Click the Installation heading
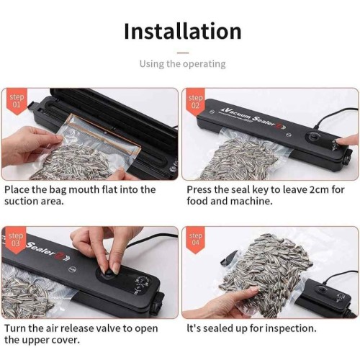pos(183,31)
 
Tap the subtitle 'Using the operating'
pos(183,64)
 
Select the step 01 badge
pos(17,101)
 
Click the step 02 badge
pos(195,102)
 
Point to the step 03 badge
pos(16,240)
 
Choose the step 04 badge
pos(195,240)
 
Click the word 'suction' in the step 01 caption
pos(21,201)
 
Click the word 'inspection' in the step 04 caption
pos(291,328)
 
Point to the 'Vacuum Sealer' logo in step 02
pos(254,118)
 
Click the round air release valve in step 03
pos(109,273)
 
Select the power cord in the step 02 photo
pos(336,117)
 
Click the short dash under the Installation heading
pos(183,53)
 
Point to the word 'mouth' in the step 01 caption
pos(84,189)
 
